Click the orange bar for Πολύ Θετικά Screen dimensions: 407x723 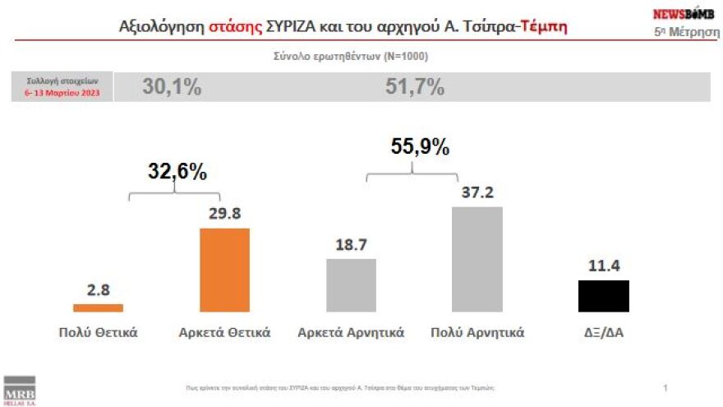(98, 308)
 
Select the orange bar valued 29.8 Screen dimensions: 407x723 (225, 270)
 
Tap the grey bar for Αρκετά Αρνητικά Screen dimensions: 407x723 (352, 285)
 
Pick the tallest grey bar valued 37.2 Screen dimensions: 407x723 (477, 259)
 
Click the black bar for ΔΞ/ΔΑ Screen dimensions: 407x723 (604, 296)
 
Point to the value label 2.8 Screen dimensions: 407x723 (98, 289)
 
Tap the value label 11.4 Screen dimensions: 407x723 (604, 266)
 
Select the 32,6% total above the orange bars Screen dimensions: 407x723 (177, 172)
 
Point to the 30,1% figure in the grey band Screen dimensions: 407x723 (172, 87)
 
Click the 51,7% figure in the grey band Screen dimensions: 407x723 (415, 87)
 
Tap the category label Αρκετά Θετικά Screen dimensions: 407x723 (225, 333)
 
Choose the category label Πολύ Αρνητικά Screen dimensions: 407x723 (477, 333)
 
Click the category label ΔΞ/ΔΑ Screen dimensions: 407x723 (604, 333)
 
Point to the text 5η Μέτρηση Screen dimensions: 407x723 (682, 31)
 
